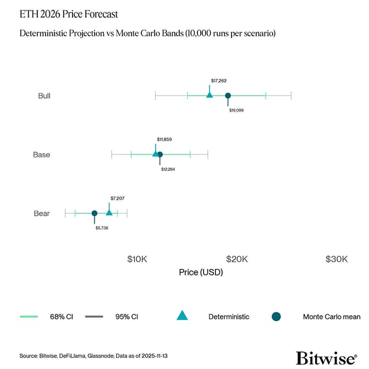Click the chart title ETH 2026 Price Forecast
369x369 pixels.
68,13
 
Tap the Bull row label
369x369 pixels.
44,96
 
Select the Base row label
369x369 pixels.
41,155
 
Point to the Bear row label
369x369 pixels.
42,213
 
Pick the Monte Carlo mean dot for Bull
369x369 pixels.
228,96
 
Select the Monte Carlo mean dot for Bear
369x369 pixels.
94,213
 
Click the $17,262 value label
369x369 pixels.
218,81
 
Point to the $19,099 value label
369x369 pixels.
236,110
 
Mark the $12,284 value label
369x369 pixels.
168,169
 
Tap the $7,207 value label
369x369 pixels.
118,198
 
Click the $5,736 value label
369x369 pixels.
102,228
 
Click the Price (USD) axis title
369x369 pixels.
201,273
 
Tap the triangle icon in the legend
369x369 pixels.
182,316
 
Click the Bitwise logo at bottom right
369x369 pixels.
326,357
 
